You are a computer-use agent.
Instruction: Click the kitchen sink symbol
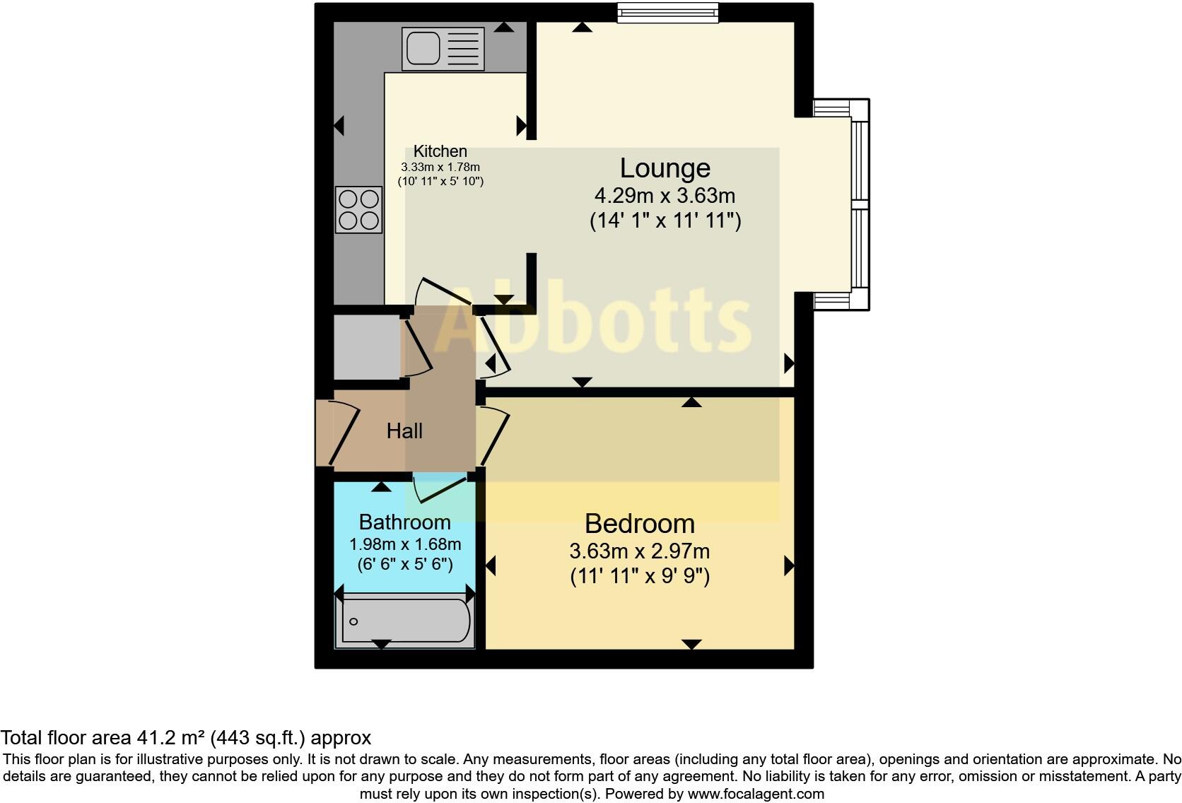443,49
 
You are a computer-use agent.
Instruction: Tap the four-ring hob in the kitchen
358,210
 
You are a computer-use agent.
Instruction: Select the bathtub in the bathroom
404,621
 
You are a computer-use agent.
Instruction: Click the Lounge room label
665,168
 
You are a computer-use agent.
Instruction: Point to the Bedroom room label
640,524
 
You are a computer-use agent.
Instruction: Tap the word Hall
404,430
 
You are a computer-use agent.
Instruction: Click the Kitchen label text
440,151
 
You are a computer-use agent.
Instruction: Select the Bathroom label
404,522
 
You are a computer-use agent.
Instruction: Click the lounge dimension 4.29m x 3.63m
665,196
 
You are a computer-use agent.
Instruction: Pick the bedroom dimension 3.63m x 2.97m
640,551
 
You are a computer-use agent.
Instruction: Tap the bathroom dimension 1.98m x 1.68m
404,544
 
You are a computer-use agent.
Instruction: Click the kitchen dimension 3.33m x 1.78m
440,168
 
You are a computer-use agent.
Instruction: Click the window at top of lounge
667,13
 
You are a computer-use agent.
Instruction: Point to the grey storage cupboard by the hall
366,348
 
